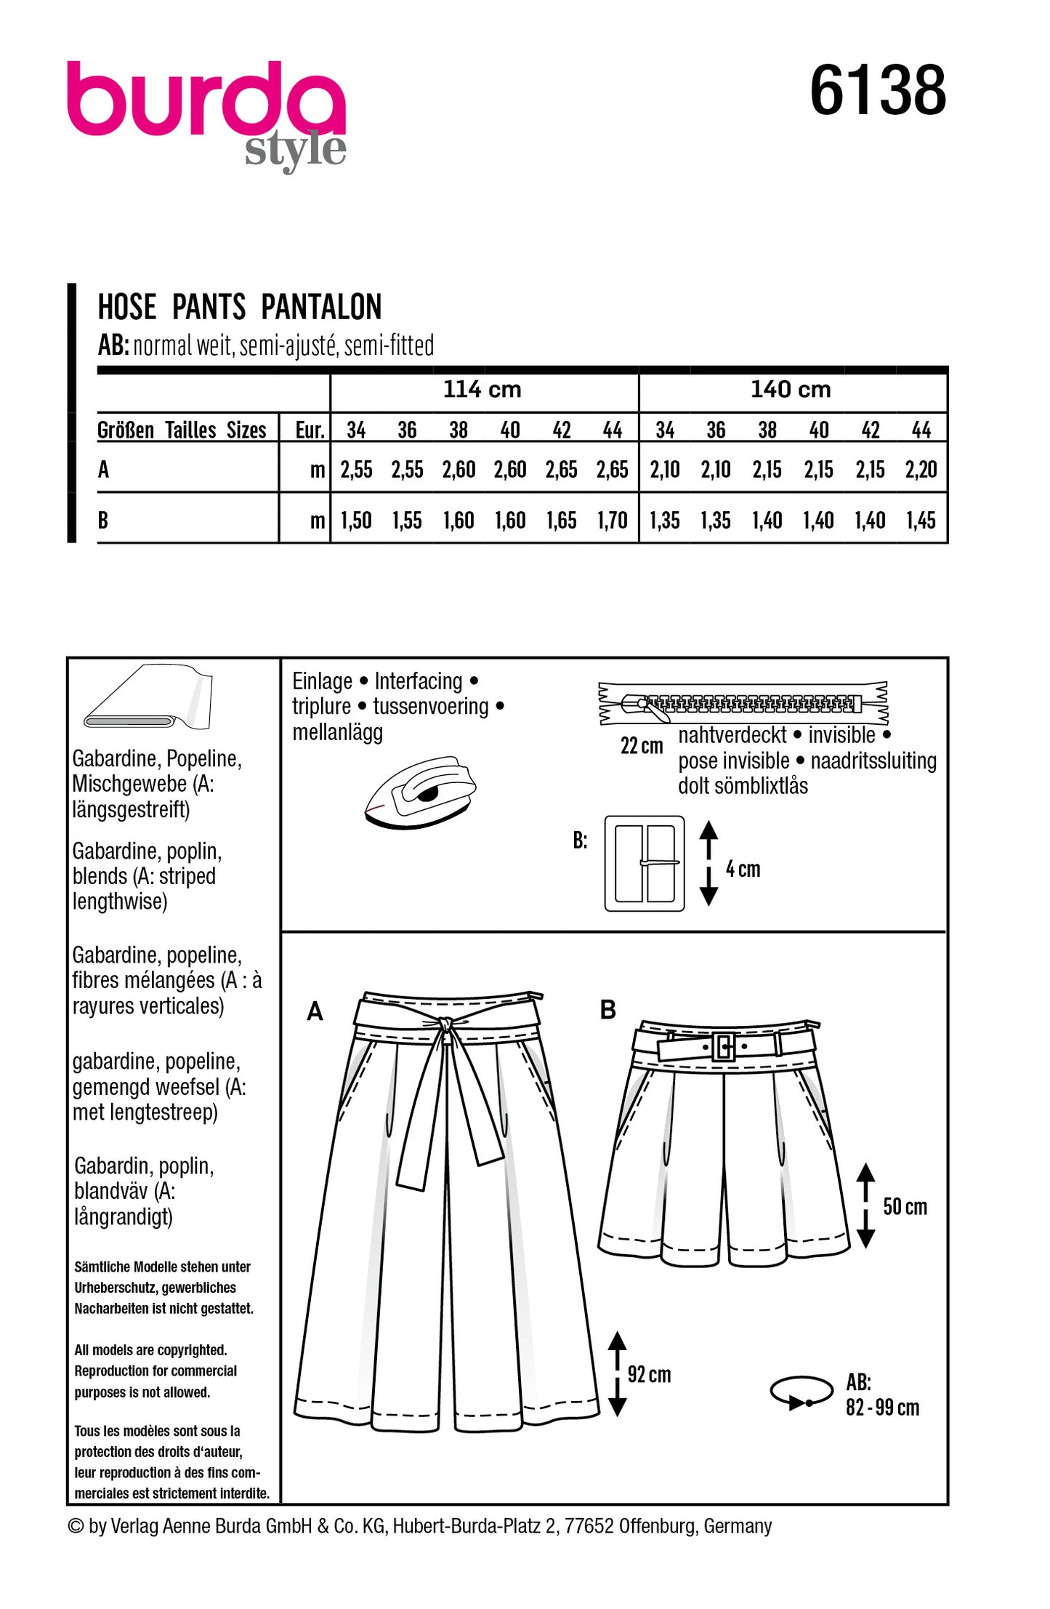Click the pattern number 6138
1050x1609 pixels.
click(x=877, y=91)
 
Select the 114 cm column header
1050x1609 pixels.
click(x=482, y=390)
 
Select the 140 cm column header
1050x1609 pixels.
click(x=791, y=390)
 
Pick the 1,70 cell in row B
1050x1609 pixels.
click(x=612, y=521)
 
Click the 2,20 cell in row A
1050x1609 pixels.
click(x=921, y=470)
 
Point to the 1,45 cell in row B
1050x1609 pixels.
click(x=921, y=521)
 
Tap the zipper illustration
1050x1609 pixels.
click(x=743, y=703)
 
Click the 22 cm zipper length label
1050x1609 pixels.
click(x=642, y=746)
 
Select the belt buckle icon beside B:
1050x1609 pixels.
click(x=644, y=863)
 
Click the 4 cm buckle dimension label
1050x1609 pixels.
click(x=743, y=869)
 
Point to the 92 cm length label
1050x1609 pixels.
click(x=649, y=1374)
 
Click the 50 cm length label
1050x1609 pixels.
click(x=905, y=1207)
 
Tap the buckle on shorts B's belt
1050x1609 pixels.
click(x=724, y=1046)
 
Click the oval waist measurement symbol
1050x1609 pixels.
click(x=801, y=1392)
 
